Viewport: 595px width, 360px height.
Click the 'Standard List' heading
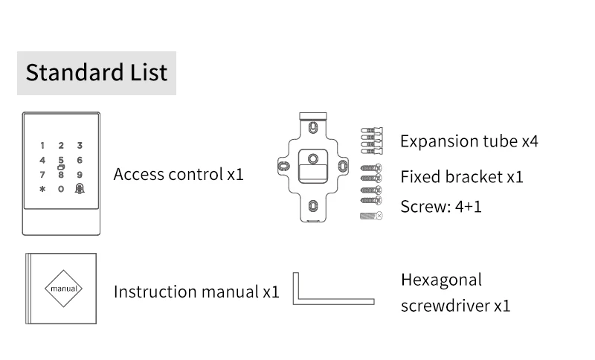(97, 73)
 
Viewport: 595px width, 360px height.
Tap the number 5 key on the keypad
(61, 159)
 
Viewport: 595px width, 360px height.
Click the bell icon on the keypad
(80, 189)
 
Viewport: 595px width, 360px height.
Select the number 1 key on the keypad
(42, 146)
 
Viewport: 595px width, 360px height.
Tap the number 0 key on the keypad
(61, 189)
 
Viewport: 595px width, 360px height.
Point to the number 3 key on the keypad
(80, 146)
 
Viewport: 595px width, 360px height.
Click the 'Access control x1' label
(178, 175)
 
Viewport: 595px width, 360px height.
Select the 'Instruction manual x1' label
(196, 291)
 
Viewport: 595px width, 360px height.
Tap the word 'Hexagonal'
(441, 280)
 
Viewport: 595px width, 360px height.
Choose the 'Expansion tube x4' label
(469, 141)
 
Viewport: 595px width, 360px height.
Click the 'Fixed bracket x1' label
(461, 177)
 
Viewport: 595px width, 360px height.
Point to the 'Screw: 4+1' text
(440, 206)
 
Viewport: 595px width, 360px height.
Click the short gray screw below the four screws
(370, 216)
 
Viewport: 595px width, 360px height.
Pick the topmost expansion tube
(370, 129)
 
